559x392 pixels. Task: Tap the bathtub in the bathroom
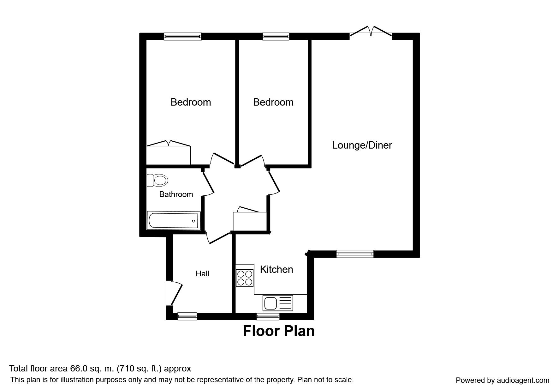(x=174, y=220)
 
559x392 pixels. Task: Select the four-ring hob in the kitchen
(x=245, y=278)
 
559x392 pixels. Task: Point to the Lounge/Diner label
(x=362, y=145)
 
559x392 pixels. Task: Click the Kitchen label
(x=277, y=269)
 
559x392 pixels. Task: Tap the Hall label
(x=202, y=273)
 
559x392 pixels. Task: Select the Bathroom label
(x=176, y=194)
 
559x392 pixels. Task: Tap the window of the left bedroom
(x=183, y=36)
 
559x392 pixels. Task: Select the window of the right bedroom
(x=276, y=36)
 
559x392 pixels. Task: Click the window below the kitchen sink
(x=268, y=316)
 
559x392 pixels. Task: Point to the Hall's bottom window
(x=187, y=316)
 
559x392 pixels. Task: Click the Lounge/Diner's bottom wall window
(x=355, y=254)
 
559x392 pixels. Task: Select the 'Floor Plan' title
(x=279, y=331)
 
